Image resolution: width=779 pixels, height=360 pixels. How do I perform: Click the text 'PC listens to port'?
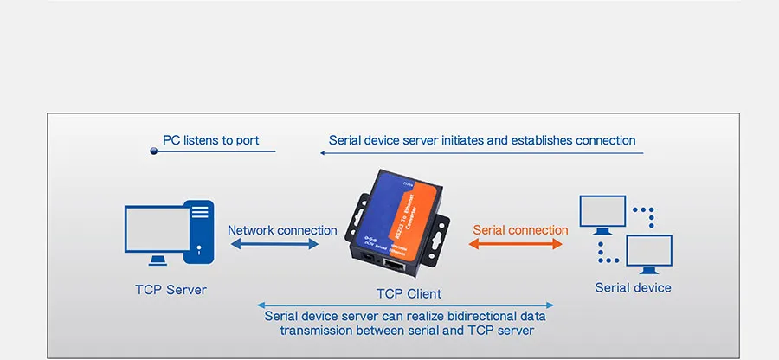pyautogui.click(x=210, y=140)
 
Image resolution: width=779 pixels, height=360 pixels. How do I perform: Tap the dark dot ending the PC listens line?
pyautogui.click(x=154, y=151)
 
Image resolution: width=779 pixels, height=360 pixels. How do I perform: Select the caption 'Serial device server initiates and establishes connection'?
pyautogui.click(x=482, y=140)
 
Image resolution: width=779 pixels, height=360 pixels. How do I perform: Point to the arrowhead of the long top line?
pyautogui.click(x=322, y=153)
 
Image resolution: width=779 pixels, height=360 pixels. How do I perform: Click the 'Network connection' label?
pyautogui.click(x=282, y=230)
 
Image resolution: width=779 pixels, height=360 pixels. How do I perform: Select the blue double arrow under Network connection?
pyautogui.click(x=274, y=246)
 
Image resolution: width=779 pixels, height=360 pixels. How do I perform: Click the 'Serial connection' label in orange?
pyautogui.click(x=520, y=230)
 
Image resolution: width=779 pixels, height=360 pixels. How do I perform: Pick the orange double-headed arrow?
pyautogui.click(x=516, y=246)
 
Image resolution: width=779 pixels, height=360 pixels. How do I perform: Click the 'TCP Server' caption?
pyautogui.click(x=171, y=289)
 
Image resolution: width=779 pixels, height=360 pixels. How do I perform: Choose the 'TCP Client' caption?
pyautogui.click(x=408, y=294)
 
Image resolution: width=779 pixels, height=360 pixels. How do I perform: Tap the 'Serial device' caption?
pyautogui.click(x=633, y=287)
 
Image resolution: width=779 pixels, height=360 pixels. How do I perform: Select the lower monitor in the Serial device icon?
pyautogui.click(x=649, y=253)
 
